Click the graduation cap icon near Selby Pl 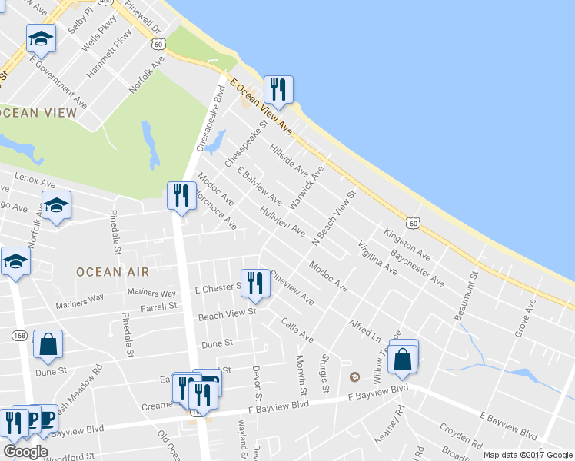click(42, 38)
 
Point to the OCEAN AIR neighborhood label click(112, 271)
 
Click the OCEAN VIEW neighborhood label click(38, 113)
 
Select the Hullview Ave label click(282, 221)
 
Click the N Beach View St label click(336, 218)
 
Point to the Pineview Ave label click(292, 287)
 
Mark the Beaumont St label click(470, 300)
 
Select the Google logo click(25, 452)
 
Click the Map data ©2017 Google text click(527, 455)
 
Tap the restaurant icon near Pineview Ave click(254, 283)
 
